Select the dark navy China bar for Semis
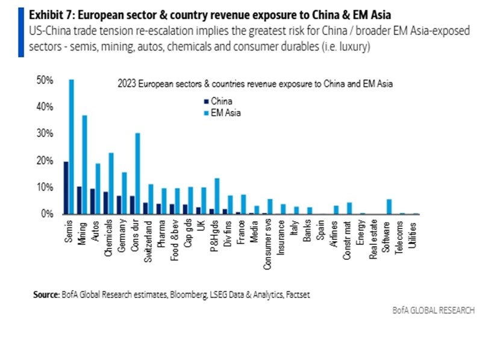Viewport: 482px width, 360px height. coord(66,188)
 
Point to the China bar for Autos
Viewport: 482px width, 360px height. coord(92,201)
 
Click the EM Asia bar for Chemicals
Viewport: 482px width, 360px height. coord(111,183)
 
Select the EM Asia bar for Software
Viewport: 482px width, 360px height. coord(389,207)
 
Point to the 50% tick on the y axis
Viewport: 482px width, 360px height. coord(46,80)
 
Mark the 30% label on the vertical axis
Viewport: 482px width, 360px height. coord(46,134)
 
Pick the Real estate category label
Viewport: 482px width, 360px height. coord(374,235)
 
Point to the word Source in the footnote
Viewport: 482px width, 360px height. coord(46,295)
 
